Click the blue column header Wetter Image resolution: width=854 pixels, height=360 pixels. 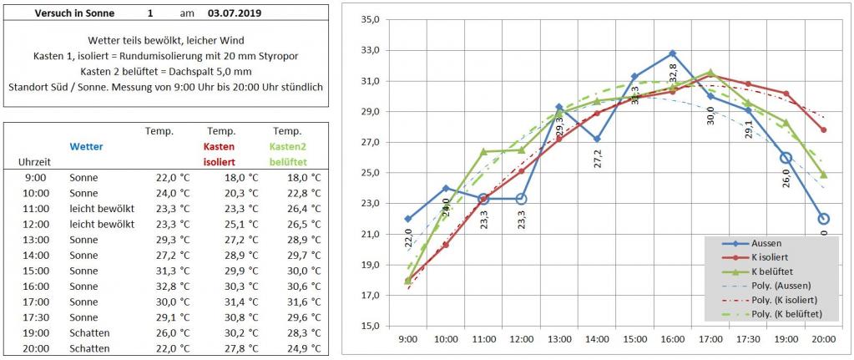pyautogui.click(x=86, y=146)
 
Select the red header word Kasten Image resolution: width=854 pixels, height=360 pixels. pyautogui.click(x=221, y=146)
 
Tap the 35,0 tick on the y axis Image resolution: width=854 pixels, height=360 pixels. pyautogui.click(x=369, y=19)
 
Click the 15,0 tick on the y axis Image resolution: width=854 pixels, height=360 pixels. pyautogui.click(x=369, y=326)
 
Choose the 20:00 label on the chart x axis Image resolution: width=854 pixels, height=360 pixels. pyautogui.click(x=823, y=340)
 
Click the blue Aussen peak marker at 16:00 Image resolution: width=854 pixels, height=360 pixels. pyautogui.click(x=672, y=53)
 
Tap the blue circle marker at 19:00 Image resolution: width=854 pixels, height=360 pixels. pyautogui.click(x=786, y=158)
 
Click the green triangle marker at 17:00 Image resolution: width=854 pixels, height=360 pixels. pyautogui.click(x=710, y=72)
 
